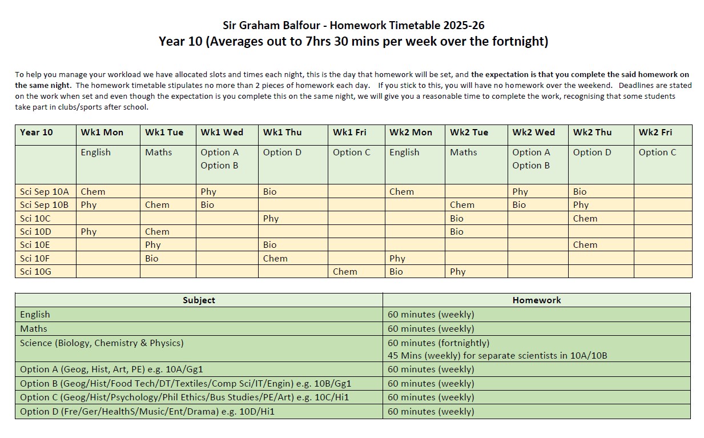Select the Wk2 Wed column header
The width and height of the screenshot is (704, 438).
[533, 132]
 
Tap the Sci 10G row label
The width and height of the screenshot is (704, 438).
[35, 272]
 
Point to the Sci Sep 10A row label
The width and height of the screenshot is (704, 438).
[44, 192]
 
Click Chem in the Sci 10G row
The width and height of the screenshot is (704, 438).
[345, 272]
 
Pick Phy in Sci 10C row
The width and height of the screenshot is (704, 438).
[271, 218]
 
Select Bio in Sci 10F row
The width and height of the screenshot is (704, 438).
[151, 258]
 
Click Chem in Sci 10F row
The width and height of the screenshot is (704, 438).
[275, 258]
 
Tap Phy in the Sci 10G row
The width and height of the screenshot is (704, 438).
[457, 272]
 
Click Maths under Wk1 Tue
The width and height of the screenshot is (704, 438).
[158, 152]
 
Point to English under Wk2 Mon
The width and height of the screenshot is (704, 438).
[404, 152]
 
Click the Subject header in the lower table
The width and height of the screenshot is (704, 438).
[199, 300]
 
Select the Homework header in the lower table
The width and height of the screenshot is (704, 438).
[537, 300]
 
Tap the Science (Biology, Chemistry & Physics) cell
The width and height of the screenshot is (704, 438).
[102, 343]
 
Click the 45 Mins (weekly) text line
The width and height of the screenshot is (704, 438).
[497, 356]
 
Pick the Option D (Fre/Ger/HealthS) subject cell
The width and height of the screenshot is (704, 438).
[147, 411]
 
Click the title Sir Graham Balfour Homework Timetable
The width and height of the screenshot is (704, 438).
[353, 25]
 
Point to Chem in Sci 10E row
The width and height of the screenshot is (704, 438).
[585, 245]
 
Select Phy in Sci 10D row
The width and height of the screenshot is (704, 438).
[88, 232]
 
